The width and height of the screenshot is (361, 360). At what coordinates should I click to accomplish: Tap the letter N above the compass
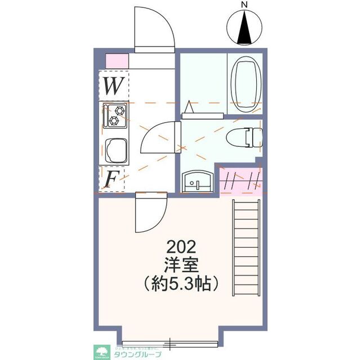pyautogui.click(x=244, y=5)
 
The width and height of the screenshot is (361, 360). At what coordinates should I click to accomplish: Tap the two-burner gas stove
pyautogui.click(x=115, y=115)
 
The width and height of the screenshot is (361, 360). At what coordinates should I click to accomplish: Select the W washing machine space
pyautogui.click(x=114, y=87)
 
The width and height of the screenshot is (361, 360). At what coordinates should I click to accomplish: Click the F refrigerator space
pyautogui.click(x=113, y=179)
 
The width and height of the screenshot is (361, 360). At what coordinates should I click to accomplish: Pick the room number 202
pyautogui.click(x=181, y=247)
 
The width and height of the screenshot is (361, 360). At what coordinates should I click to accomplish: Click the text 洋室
pyautogui.click(x=181, y=264)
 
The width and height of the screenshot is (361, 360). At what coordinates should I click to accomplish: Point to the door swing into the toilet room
pyautogui.click(x=160, y=138)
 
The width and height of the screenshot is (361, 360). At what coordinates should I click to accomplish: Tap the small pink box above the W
pyautogui.click(x=117, y=60)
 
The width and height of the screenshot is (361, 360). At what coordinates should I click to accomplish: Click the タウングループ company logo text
pyautogui.click(x=137, y=353)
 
